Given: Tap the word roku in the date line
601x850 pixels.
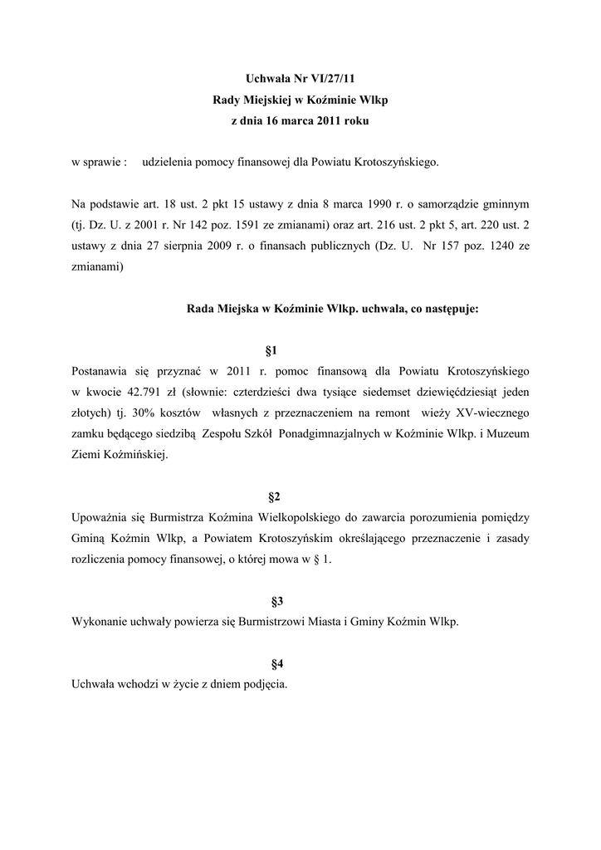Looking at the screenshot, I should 351,120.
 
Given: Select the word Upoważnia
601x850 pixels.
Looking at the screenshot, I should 102,516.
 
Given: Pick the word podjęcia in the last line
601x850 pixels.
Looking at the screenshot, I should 265,683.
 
